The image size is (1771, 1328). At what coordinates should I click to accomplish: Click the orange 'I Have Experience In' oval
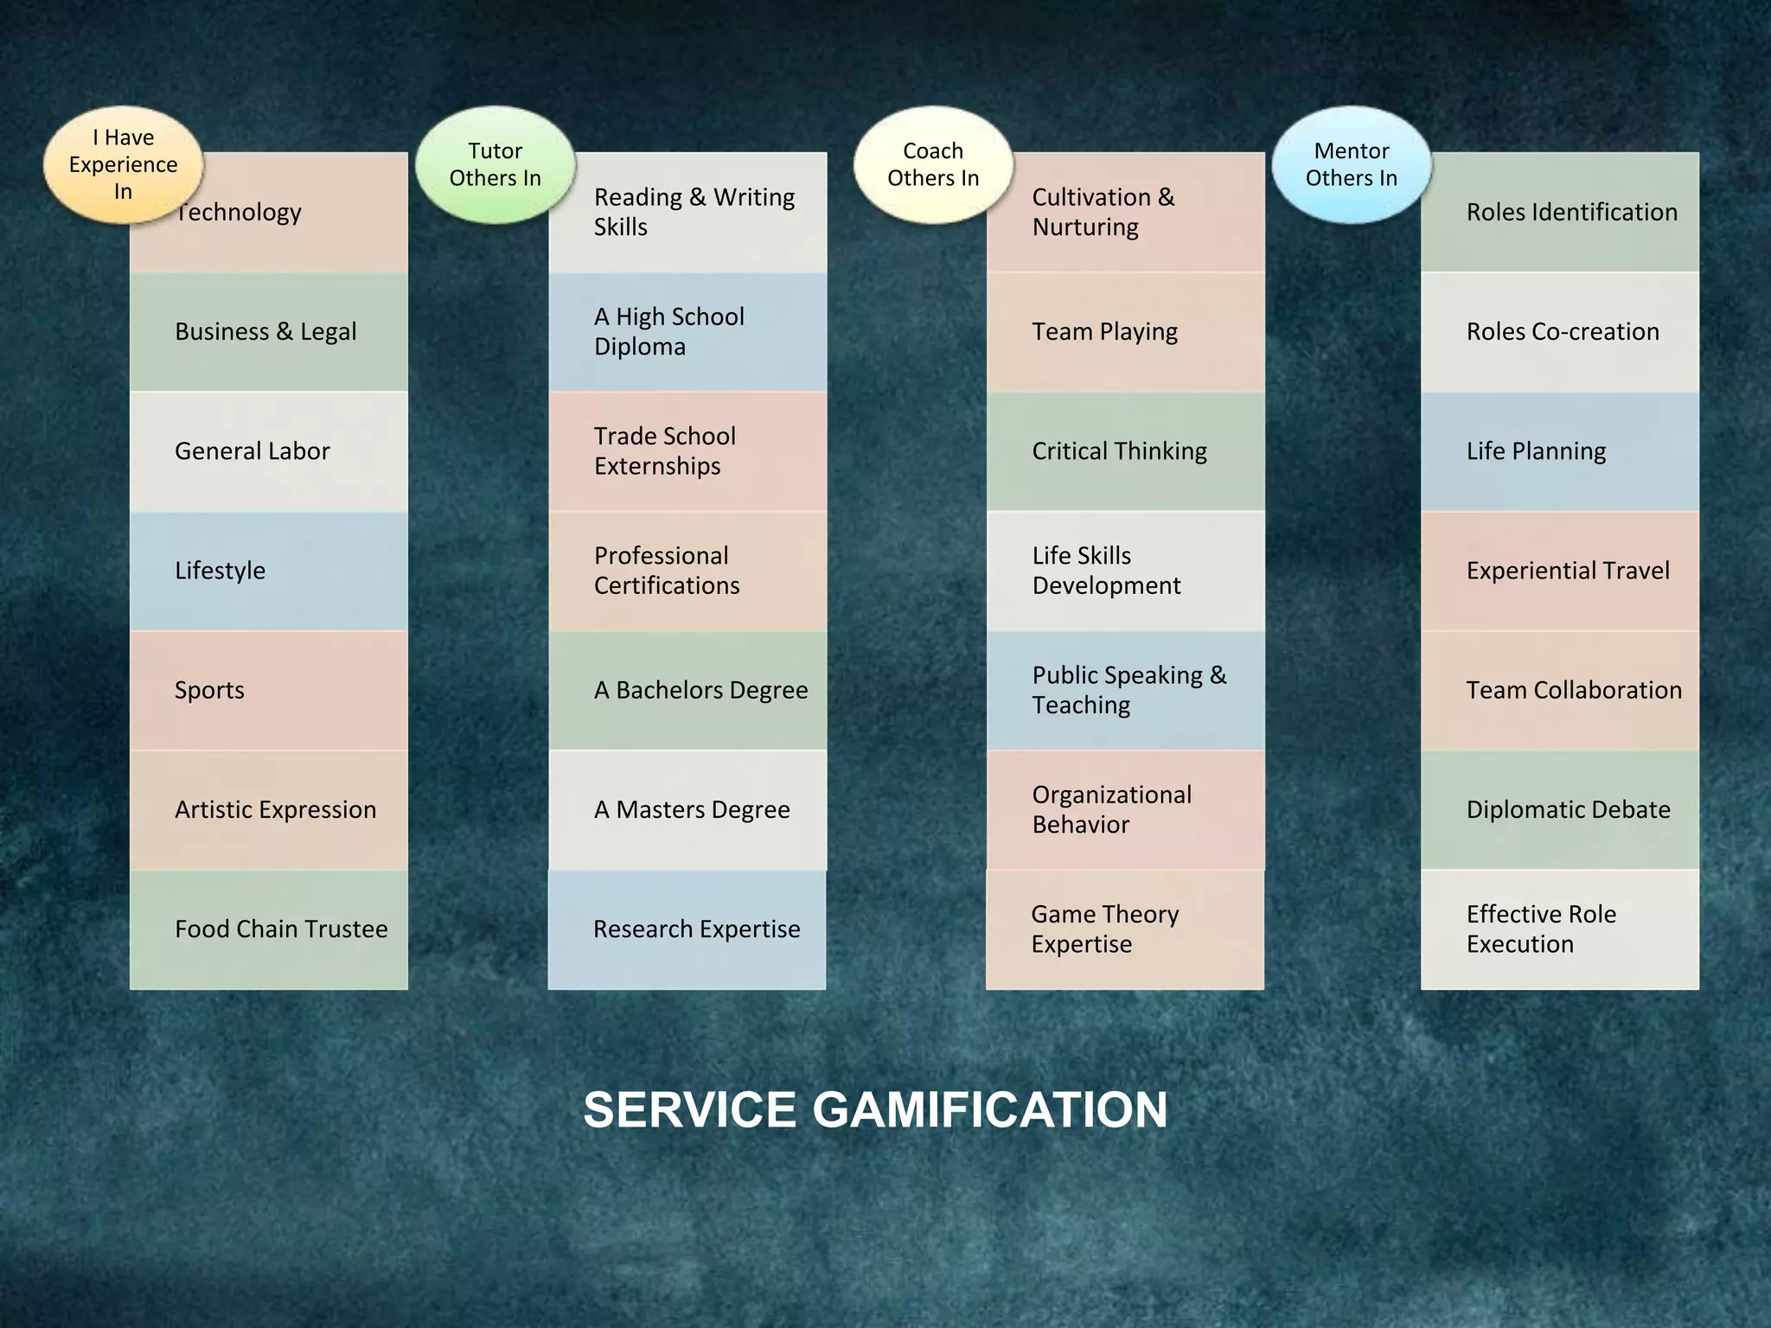coord(124,165)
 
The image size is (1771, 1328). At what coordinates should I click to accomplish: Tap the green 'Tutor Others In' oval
coord(495,165)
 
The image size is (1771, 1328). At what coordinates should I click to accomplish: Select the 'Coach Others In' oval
coord(933,165)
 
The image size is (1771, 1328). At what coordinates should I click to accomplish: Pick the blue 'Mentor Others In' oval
coord(1352,165)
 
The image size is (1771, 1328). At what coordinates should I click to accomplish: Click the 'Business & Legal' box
coord(269,332)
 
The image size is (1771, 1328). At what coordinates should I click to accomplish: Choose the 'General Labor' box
coord(269,451)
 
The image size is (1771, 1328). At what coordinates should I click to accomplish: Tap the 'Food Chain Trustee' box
coord(269,929)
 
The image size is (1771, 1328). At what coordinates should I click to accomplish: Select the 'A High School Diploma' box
coord(687,332)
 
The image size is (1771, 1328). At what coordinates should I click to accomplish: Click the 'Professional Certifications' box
coord(687,571)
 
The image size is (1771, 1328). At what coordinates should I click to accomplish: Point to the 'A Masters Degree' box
coord(687,810)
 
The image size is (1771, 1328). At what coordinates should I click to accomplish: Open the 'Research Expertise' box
coord(687,929)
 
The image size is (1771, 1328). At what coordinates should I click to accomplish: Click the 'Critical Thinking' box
coord(1125,451)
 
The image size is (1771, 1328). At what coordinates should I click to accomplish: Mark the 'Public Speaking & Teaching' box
coord(1125,690)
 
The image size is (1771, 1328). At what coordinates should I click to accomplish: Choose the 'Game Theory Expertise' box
coord(1125,929)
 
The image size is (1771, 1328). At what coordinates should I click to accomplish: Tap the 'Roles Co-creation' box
coord(1560,332)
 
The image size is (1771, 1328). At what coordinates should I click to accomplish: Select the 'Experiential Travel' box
coord(1560,571)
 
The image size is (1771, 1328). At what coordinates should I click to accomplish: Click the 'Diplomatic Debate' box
coord(1560,810)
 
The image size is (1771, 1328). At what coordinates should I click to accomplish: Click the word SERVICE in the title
coord(689,1110)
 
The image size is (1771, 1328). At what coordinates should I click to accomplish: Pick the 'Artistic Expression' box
coord(269,810)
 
